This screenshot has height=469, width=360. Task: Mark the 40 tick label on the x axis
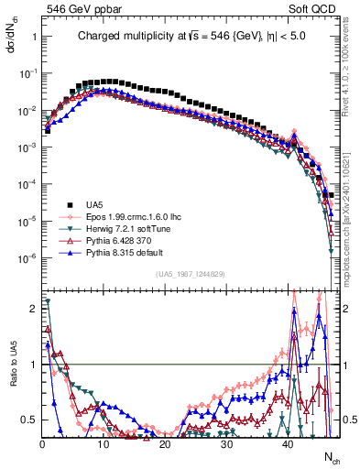click(x=288, y=442)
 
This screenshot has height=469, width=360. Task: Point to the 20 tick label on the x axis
click(x=165, y=442)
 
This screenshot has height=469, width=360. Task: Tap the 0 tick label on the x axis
click(x=42, y=442)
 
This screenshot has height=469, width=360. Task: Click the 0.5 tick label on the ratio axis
click(x=27, y=420)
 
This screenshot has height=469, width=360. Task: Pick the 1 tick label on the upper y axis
click(x=33, y=37)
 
